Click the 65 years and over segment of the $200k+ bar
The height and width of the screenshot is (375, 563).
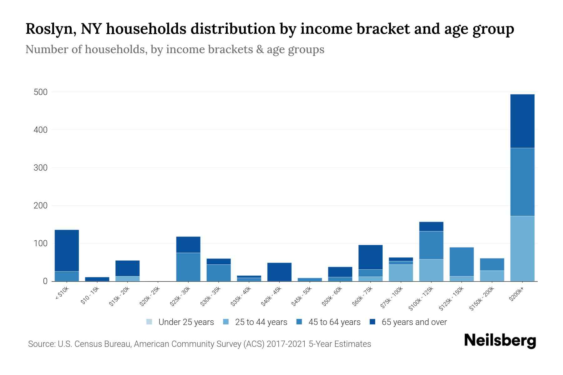point(522,121)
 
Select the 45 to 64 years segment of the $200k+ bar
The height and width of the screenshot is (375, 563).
point(522,182)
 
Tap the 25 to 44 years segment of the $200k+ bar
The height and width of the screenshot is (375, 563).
point(522,248)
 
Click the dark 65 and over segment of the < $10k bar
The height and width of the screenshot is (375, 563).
point(67,250)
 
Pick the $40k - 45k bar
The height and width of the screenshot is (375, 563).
point(279,272)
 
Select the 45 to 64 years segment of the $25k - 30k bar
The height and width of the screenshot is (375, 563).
point(188,267)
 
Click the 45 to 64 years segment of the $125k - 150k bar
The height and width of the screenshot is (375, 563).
point(461,262)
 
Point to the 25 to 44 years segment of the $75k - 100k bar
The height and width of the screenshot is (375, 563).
point(401,273)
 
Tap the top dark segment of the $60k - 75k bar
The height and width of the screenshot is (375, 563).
point(370,257)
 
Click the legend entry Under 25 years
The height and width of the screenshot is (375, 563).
point(186,322)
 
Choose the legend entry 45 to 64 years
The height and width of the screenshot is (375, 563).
point(334,322)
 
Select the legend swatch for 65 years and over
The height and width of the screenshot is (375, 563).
point(373,322)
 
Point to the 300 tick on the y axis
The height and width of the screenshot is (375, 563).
point(41,168)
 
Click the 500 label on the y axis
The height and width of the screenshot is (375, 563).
point(41,92)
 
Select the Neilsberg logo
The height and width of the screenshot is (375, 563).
point(500,340)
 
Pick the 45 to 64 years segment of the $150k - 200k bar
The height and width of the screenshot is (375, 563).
point(492,264)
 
